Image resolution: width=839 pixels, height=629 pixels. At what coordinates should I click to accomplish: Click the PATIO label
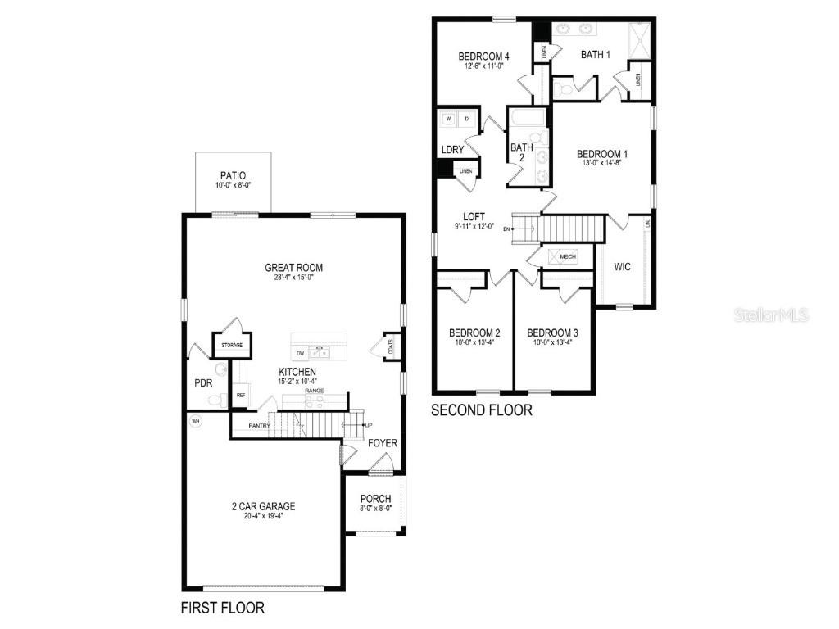coord(233,175)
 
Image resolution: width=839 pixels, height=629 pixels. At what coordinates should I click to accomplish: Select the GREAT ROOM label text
coord(293,267)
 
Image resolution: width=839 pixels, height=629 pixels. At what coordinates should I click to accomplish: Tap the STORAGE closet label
coord(232,346)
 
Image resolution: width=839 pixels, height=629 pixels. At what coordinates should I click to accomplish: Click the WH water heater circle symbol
coord(195,422)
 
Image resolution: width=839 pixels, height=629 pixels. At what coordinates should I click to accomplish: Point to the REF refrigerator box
coord(241,396)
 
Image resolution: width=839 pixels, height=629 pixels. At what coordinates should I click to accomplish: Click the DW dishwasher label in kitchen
coord(301,353)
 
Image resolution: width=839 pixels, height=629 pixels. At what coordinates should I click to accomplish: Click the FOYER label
coord(382,443)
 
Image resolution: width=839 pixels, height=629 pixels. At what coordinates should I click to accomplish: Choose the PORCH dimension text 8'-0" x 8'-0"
coord(376,508)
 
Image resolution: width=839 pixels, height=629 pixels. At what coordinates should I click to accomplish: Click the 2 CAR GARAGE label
coord(263,506)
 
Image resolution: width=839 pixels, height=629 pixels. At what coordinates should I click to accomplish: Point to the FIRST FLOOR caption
coord(222,609)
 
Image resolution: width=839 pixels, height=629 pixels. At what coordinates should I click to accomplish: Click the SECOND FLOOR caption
coord(482,410)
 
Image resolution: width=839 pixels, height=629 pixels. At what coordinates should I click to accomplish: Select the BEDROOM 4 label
coord(484,56)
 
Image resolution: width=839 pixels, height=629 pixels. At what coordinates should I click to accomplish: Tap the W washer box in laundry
coord(449,119)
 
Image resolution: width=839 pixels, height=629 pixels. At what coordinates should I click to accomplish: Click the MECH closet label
coord(567,257)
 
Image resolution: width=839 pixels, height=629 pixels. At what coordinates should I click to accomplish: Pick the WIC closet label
coord(622,266)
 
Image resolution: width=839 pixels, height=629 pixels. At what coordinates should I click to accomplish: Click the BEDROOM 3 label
coord(552,333)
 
